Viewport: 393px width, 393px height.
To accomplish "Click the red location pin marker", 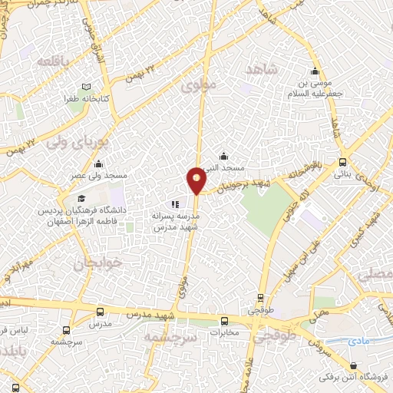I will click(197, 180).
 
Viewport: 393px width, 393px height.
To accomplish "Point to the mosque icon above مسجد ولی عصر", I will click(98, 164).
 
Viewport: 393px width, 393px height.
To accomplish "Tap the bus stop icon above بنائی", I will click(342, 162).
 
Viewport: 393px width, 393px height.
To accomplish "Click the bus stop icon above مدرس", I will click(101, 312).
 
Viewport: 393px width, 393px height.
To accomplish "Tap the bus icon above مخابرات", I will click(224, 321).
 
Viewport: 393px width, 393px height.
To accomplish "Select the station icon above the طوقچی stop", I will click(261, 298).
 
